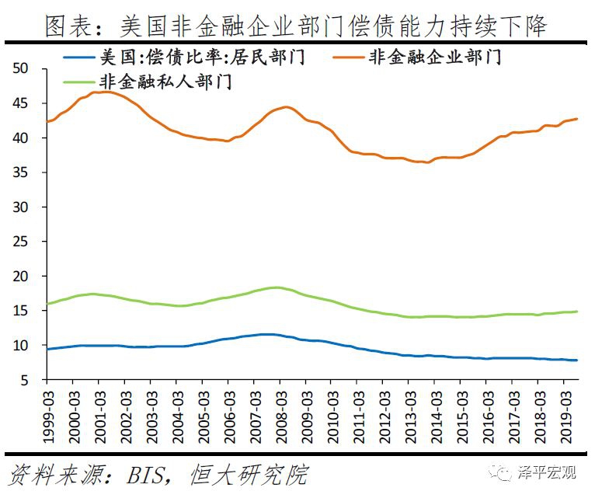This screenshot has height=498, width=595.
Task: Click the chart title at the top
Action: pos(296,26)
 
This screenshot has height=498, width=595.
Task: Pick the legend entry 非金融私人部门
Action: pos(165,80)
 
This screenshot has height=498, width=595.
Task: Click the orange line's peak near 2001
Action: pos(103,92)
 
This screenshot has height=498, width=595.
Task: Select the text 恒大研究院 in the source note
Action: pos(249,474)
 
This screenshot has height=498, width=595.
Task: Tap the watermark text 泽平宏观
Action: pos(548,472)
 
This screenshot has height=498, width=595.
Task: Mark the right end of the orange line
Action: pos(577,119)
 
